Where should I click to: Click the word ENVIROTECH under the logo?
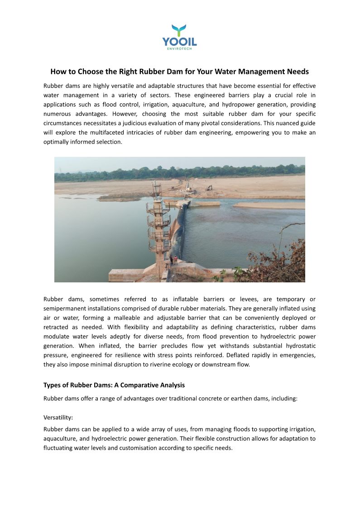180,49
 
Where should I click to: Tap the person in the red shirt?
176,259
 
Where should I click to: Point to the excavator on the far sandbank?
209,187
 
